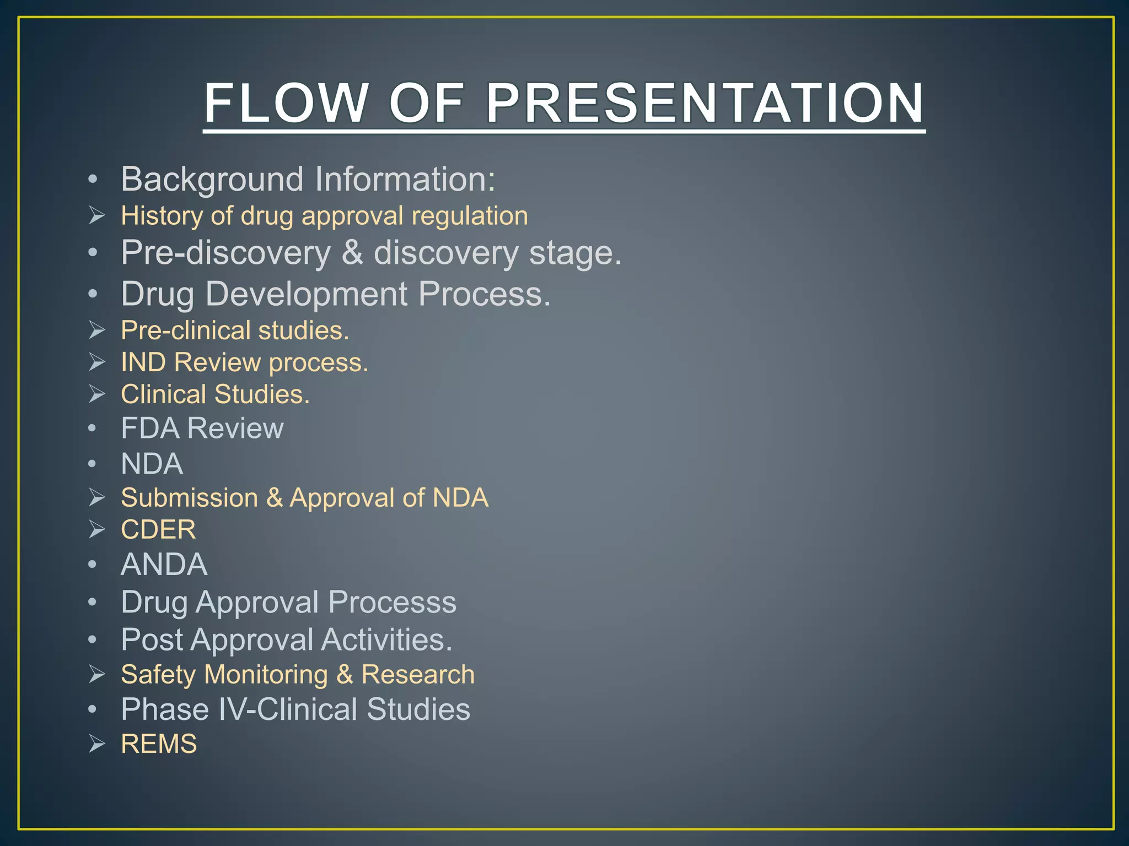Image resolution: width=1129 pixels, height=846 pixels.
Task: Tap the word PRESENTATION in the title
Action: pyautogui.click(x=705, y=103)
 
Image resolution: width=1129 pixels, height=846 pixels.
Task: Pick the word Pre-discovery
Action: pyautogui.click(x=226, y=253)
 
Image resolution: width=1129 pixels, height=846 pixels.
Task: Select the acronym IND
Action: pyautogui.click(x=144, y=362)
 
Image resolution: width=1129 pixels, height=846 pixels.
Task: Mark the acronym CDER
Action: pyautogui.click(x=158, y=530)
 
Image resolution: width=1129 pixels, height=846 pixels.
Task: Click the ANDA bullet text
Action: pyautogui.click(x=164, y=565)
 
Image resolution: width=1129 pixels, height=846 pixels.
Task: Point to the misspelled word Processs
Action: pyautogui.click(x=392, y=602)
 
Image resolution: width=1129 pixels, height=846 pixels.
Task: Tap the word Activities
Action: pyautogui.click(x=386, y=640)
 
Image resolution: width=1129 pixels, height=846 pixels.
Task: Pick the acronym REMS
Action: pyautogui.click(x=159, y=744)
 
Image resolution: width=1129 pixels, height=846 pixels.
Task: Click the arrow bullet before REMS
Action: pyautogui.click(x=97, y=744)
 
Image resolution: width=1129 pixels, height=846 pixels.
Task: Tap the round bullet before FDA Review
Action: pyautogui.click(x=93, y=429)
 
